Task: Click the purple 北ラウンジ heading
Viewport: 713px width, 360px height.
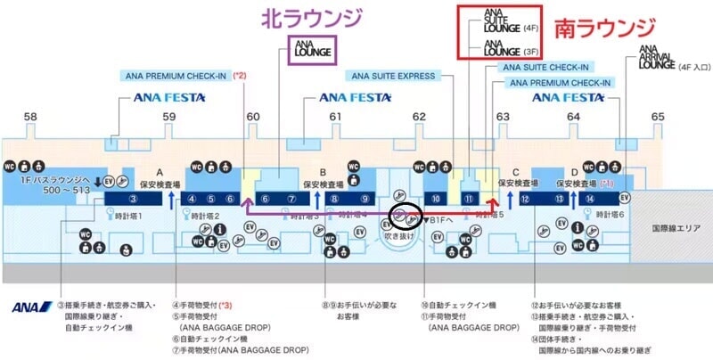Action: click(312, 20)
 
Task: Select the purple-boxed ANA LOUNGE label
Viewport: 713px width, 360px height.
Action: click(312, 50)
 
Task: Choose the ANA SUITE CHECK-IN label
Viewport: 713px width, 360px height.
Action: click(545, 67)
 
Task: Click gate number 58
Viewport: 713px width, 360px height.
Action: click(31, 117)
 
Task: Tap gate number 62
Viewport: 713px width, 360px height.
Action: click(419, 117)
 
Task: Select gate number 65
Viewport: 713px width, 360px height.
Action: click(658, 117)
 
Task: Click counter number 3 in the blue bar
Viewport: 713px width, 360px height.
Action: click(131, 199)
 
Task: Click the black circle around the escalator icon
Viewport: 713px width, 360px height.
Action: click(406, 215)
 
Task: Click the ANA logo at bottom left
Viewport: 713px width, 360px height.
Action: click(32, 308)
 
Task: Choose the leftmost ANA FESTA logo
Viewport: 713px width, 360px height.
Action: click(169, 97)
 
